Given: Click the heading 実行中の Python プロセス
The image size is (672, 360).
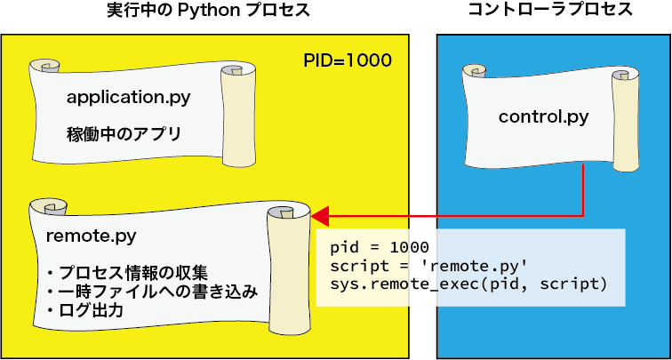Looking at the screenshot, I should pos(206,12).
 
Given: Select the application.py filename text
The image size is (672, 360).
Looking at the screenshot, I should pos(128,96).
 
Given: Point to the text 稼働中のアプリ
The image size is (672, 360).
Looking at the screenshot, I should pos(124,135).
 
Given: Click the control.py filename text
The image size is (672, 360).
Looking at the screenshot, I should pos(543,116).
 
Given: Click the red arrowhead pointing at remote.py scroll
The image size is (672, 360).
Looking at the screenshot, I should pos(320,215).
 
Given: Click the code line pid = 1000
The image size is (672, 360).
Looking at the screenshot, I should pos(379,246).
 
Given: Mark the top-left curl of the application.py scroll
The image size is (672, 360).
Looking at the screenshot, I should pos(43,68).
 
